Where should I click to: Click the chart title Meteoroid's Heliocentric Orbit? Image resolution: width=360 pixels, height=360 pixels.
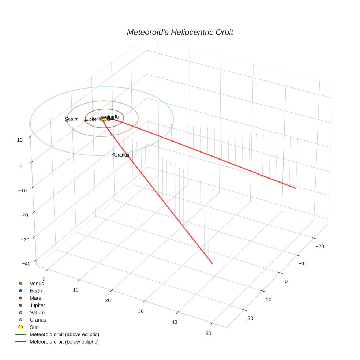coord(180,32)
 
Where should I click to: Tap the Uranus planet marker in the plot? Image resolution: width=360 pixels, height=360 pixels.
coord(114,155)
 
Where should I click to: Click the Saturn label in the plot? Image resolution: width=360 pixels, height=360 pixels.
coord(72,119)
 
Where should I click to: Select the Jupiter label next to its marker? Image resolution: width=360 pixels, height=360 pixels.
coord(91,119)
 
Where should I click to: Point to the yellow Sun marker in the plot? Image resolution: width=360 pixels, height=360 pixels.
coord(104,119)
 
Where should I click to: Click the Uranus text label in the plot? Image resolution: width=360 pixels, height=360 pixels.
coord(122,155)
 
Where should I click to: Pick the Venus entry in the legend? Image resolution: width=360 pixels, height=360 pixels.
coord(37,283)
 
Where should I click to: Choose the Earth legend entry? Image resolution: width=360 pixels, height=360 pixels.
coord(35,291)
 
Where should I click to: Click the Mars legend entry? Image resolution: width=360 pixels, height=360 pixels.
coord(35,298)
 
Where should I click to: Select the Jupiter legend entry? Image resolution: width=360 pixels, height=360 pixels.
coord(37,305)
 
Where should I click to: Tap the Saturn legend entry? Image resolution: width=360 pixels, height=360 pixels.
coord(37,312)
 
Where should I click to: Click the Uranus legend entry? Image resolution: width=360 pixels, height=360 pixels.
coord(38,320)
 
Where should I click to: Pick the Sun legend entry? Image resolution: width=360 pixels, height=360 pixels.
coord(34,327)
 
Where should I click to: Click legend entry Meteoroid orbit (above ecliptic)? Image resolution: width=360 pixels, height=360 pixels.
coord(64,334)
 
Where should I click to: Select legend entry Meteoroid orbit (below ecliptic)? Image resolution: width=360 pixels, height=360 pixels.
coord(64,342)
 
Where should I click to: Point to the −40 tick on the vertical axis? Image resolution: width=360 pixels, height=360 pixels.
coord(26,264)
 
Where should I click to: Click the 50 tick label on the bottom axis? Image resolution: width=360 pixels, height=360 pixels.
coord(209,333)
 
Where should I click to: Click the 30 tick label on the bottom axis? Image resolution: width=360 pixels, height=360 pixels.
coord(141,311)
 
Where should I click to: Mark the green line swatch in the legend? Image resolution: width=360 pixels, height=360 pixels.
coord(20,334)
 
